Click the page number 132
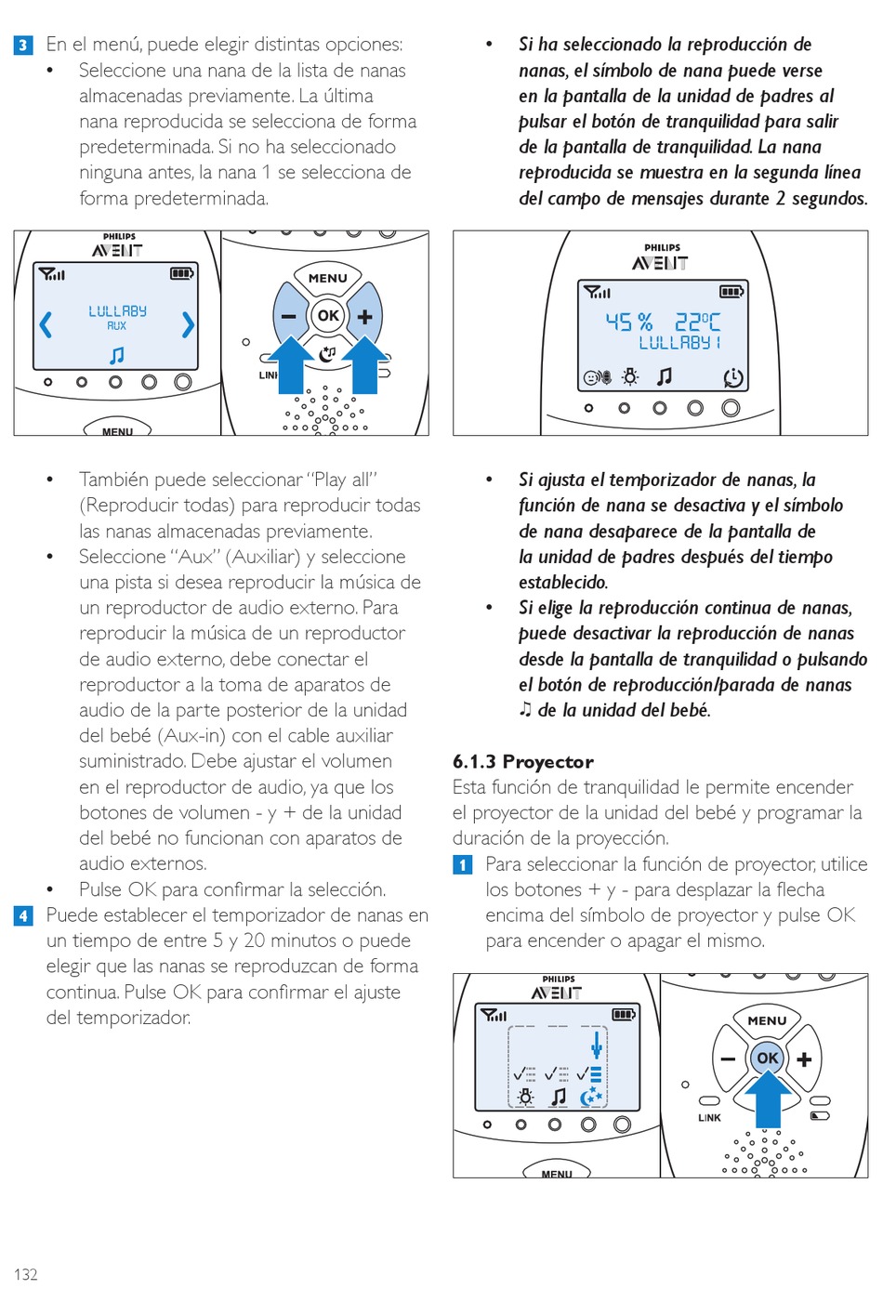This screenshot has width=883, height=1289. pos(26,1273)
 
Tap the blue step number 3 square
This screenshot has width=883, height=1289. pos(23,45)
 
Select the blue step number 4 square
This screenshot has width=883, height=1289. pos(23,915)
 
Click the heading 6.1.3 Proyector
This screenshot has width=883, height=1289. pos(522,762)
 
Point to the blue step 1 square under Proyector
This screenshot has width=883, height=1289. pos(463,865)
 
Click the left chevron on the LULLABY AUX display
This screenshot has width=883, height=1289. pos(46,324)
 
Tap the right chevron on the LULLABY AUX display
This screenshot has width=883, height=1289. pos(188,324)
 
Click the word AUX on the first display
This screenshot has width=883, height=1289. pos(117,326)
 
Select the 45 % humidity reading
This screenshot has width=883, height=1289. pos(628,322)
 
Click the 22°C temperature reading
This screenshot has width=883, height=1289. pos(697,322)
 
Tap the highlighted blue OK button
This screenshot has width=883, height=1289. pos(768,1058)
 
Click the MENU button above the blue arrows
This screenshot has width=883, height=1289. pos(327,278)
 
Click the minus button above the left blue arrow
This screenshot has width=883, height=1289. pos(289,316)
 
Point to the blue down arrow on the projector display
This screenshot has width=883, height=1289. pos(596,1046)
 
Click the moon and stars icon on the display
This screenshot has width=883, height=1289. pos(591,1098)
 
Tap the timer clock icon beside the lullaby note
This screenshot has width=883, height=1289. pos(732,377)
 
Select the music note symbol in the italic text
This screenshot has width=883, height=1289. pos(525,710)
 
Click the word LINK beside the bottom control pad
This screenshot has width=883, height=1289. pos(709,1118)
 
